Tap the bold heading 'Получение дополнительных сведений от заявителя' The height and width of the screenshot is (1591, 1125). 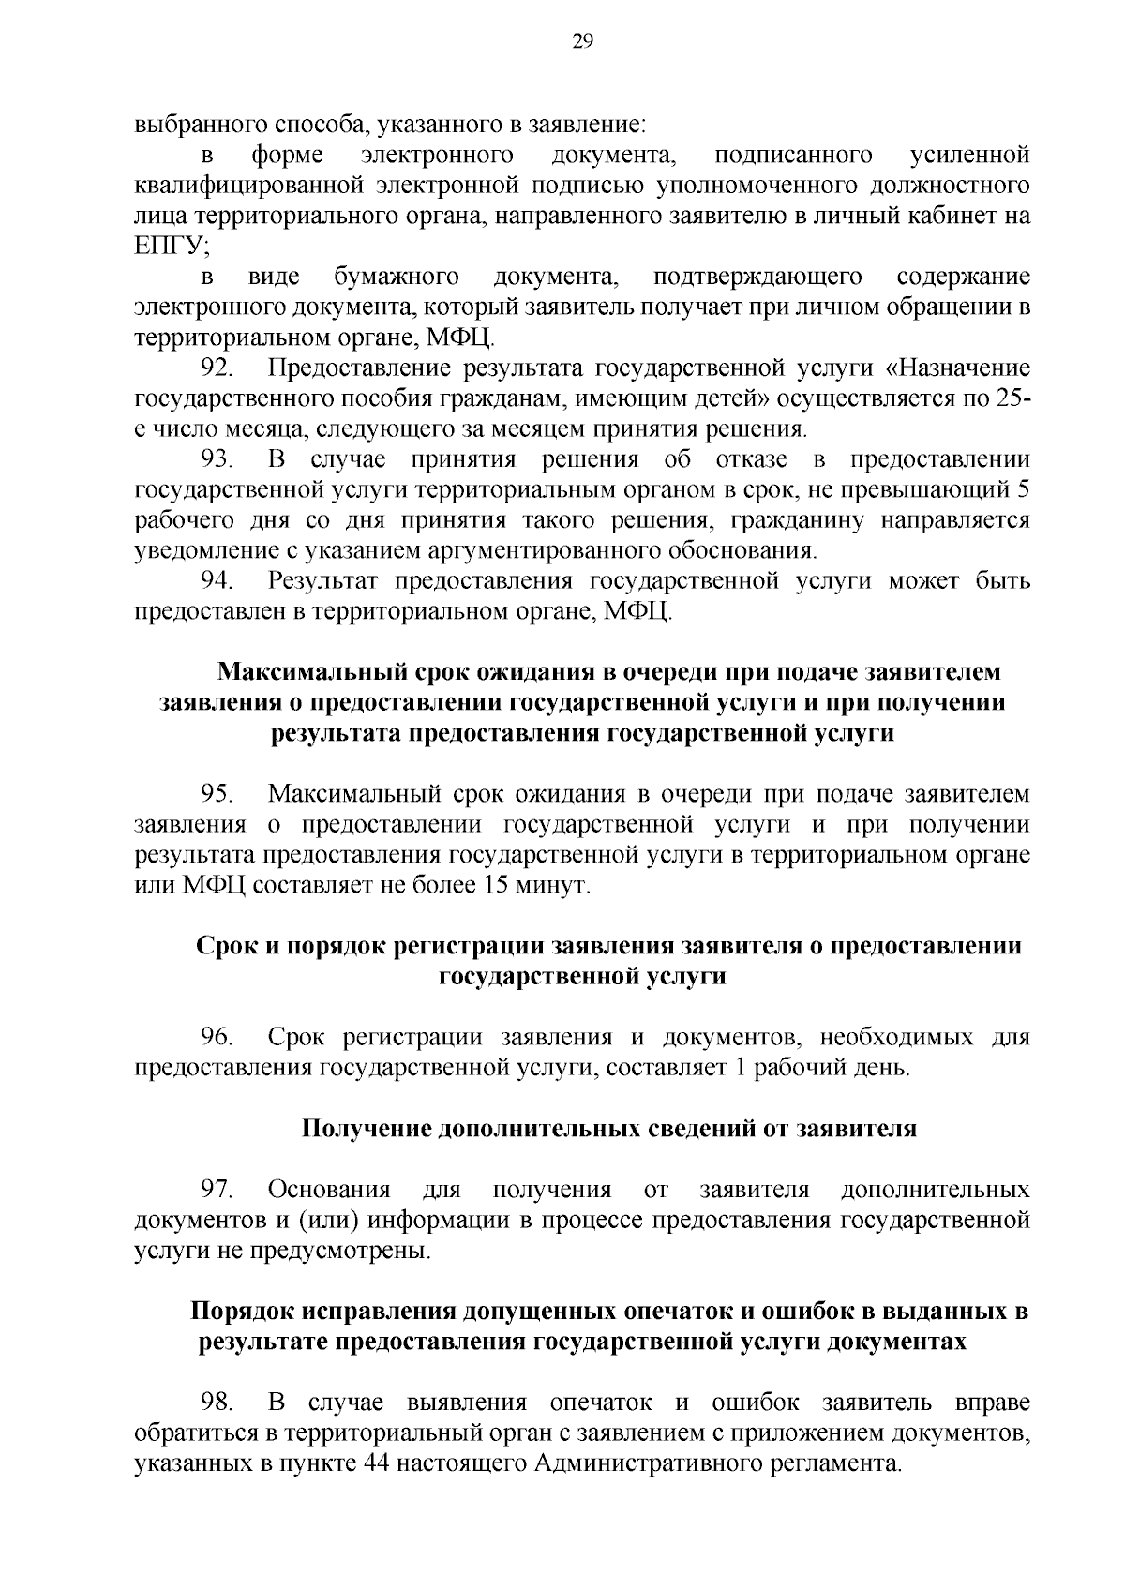tap(608, 1129)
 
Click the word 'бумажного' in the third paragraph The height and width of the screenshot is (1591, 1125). tap(396, 278)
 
